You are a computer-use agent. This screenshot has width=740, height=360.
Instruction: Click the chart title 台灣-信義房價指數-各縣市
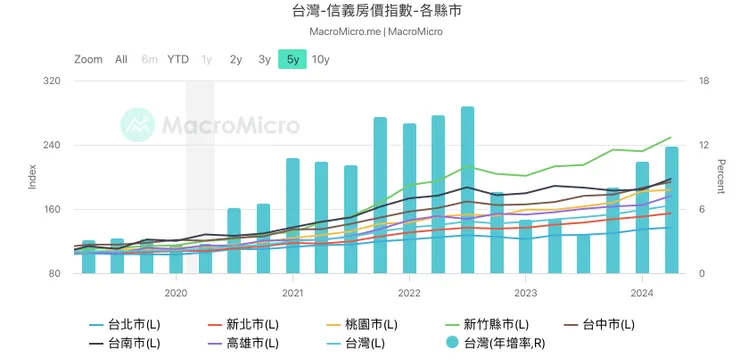pyautogui.click(x=369, y=12)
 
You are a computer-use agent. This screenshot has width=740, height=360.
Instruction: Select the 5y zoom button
pyautogui.click(x=292, y=59)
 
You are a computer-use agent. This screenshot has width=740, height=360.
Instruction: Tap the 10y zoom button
pyautogui.click(x=320, y=59)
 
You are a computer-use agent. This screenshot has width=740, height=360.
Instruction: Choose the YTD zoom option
pyautogui.click(x=178, y=59)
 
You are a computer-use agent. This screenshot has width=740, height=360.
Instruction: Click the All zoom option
pyautogui.click(x=121, y=59)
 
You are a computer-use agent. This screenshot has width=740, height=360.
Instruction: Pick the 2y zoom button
pyautogui.click(x=235, y=59)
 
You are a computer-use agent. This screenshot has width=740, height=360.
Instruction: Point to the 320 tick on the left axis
pyautogui.click(x=51, y=82)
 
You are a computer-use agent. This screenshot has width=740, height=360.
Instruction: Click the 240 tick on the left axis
pyautogui.click(x=51, y=146)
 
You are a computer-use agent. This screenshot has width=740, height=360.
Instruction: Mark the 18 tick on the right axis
pyautogui.click(x=703, y=82)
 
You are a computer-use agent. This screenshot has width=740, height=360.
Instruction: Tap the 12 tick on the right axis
pyautogui.click(x=703, y=146)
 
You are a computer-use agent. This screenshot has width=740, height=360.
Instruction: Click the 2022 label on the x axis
pyautogui.click(x=409, y=293)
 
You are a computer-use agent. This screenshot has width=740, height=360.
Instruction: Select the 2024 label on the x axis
pyautogui.click(x=642, y=293)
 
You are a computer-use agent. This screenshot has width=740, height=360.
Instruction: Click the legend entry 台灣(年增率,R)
pyautogui.click(x=495, y=343)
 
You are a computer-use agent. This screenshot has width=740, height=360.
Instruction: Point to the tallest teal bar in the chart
pyautogui.click(x=467, y=190)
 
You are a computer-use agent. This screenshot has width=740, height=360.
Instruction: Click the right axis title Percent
pyautogui.click(x=721, y=176)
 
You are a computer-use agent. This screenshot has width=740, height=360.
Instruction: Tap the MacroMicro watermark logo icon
pyautogui.click(x=137, y=126)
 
